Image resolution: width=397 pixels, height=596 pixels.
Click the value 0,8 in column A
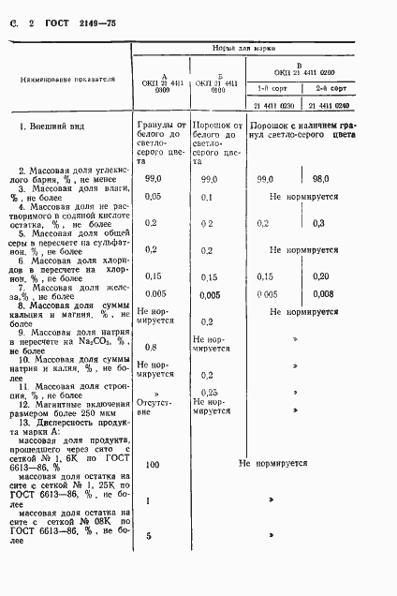pyautogui.click(x=151, y=347)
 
